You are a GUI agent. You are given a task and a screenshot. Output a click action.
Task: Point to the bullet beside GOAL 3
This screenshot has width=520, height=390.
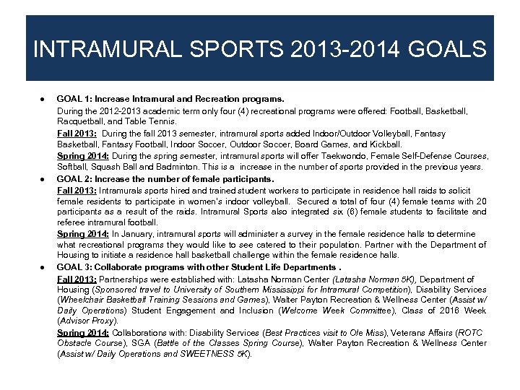pos(44,267)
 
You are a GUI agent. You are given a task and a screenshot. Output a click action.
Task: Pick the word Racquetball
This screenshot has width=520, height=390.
pos(80,123)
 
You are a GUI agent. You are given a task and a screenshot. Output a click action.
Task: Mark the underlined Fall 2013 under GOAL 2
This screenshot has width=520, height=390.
pos(77,190)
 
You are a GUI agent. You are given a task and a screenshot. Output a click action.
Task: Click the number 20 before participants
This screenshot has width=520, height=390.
pos(481,201)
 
